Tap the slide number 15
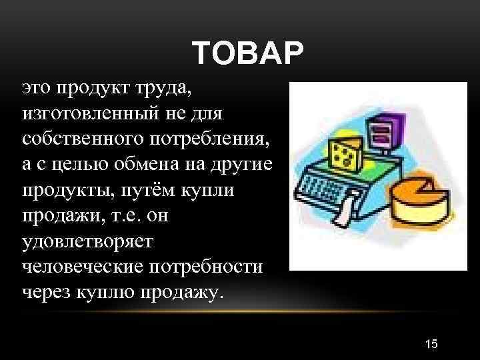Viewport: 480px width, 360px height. pyautogui.click(x=431, y=343)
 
